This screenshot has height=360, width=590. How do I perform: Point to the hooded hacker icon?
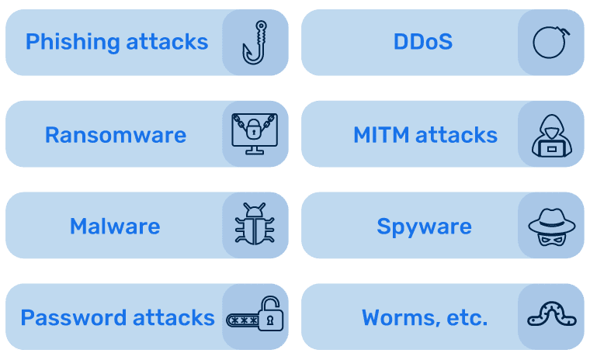pyautogui.click(x=550, y=135)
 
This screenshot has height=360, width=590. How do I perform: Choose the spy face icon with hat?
pyautogui.click(x=550, y=225)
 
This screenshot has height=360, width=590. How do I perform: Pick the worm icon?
pyautogui.click(x=551, y=315)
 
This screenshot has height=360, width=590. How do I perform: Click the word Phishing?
pyautogui.click(x=69, y=42)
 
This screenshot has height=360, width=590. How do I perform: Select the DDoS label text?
pyautogui.click(x=422, y=42)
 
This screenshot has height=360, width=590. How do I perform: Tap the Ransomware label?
pyautogui.click(x=116, y=135)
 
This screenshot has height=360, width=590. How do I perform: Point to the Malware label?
pyautogui.click(x=115, y=227)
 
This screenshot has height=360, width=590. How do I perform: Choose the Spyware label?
pyautogui.click(x=424, y=227)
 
